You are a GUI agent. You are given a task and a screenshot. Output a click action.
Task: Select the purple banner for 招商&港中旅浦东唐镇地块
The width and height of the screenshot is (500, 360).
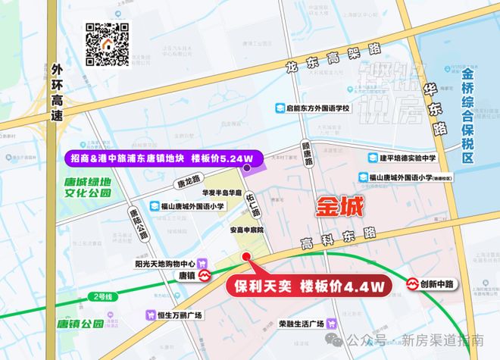click(161, 159)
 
